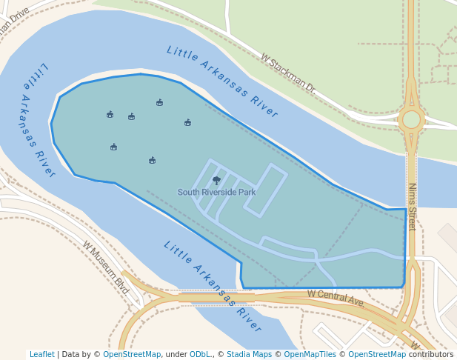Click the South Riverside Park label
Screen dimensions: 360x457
coord(216,193)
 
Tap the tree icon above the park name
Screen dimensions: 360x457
coord(216,180)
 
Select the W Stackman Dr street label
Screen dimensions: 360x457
coord(287,72)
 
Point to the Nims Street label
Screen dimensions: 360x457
coord(412,206)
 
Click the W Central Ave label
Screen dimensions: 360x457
coord(336,299)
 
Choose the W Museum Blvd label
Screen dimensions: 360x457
coord(105,267)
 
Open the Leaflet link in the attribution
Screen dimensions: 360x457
coord(41,355)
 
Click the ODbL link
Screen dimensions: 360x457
coord(200,355)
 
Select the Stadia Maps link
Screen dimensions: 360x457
coord(249,355)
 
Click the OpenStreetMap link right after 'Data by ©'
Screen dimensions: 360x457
coord(132,355)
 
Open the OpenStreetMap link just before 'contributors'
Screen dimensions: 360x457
coord(377,355)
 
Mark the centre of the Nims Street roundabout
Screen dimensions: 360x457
coord(411,119)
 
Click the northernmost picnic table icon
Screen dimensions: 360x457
coord(159,102)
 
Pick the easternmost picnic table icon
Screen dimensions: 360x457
coord(187,122)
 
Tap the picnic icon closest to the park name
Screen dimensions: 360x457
coord(152,160)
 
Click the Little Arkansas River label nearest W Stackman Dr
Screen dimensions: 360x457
coord(221,81)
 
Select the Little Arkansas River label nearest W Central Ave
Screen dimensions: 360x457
coord(213,287)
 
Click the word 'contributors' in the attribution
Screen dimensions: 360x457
coord(430,355)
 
